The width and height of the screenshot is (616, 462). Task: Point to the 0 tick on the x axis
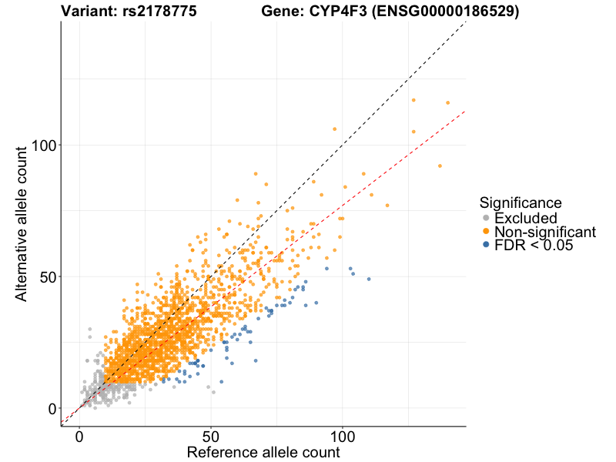tap(79, 435)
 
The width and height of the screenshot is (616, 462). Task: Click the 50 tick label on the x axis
tap(211, 435)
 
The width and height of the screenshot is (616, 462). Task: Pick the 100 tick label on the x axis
tap(343, 435)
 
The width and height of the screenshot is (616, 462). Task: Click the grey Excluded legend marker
tap(485, 219)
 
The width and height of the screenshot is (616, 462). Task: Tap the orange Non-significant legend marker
tap(485, 232)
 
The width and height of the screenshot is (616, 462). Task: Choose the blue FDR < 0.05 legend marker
tap(485, 245)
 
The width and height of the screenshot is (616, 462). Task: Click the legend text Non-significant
tap(545, 232)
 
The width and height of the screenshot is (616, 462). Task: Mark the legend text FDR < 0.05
tap(534, 245)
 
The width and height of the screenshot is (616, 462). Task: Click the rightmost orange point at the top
tap(447, 102)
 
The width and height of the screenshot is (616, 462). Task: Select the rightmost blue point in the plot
tap(369, 279)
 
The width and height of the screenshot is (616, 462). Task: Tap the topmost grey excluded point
tap(90, 329)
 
